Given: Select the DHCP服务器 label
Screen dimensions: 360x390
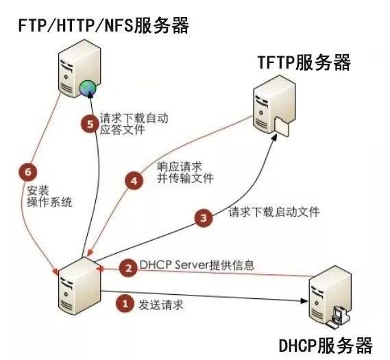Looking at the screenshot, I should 326,343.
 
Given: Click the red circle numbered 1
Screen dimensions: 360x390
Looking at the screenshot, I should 124,301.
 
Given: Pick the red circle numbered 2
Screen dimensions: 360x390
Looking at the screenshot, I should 127,268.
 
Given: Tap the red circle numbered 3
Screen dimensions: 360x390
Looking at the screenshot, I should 202,219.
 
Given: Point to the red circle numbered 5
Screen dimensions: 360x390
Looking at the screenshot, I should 88,125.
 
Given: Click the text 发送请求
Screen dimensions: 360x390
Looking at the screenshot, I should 161,302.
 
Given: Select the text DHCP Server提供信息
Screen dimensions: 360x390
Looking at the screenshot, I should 197,265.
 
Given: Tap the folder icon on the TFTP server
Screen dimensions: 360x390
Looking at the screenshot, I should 282,125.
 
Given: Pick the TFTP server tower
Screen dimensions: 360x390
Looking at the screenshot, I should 268,106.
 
